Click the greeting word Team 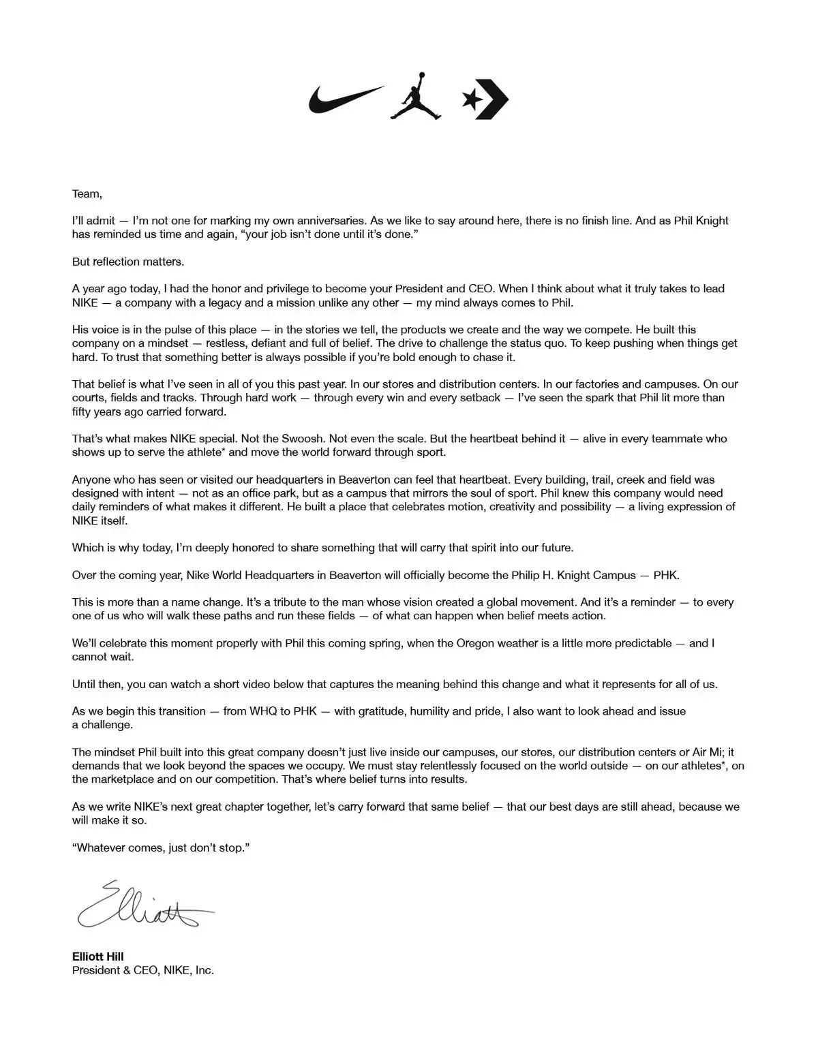coord(86,193)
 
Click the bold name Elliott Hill coord(97,956)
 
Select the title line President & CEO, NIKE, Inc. coord(143,970)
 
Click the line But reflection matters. coord(128,262)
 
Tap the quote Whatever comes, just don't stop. coord(160,848)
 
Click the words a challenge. coord(102,725)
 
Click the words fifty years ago coord(112,411)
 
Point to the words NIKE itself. coord(100,520)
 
